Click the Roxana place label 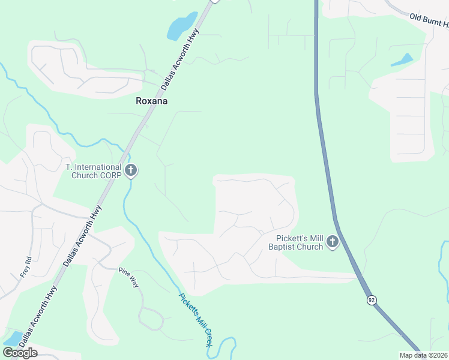tap(151, 101)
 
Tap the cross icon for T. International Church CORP tap(131, 171)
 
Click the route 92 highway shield tap(372, 300)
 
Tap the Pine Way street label tap(128, 277)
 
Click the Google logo tap(20, 353)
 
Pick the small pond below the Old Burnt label tap(402, 60)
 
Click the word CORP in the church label tap(112, 175)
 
